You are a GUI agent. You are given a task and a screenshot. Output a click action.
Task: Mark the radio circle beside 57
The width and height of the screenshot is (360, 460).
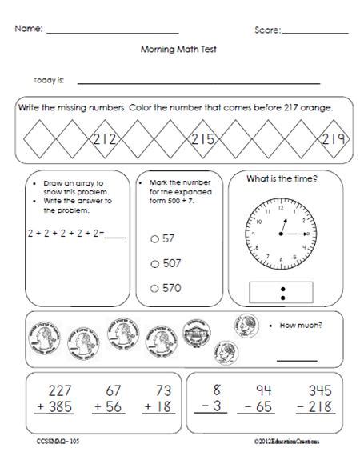pos(154,238)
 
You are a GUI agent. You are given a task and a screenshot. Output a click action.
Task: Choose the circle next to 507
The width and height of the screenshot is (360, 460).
pos(154,262)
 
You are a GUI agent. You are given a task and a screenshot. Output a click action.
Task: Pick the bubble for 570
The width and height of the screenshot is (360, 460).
pos(154,287)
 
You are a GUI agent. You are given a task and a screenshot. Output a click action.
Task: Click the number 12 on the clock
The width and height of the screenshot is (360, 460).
pos(281,206)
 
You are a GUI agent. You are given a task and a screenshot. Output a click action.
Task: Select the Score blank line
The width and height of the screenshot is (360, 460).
pos(315,32)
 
